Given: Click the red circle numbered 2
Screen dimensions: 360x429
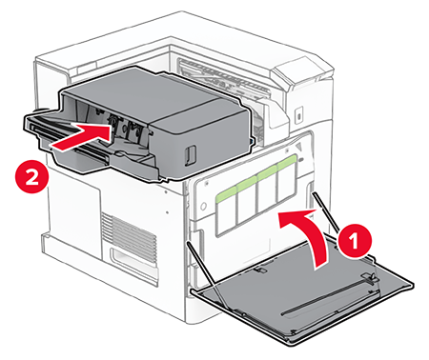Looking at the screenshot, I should tap(32, 176).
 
